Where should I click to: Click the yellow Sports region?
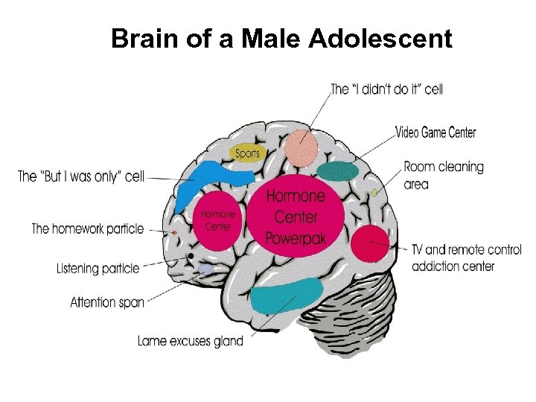click(x=248, y=153)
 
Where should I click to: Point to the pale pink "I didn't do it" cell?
click(x=303, y=147)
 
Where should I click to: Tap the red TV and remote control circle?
click(x=369, y=244)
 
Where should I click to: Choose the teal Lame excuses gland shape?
click(x=286, y=296)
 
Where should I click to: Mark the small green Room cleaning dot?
click(x=375, y=193)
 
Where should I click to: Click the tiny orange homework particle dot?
click(x=174, y=233)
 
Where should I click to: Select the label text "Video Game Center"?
click(x=435, y=133)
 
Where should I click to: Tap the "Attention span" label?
click(x=107, y=302)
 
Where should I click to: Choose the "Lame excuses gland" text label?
click(x=191, y=341)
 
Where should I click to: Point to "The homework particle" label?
click(x=87, y=229)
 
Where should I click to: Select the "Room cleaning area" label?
click(x=443, y=176)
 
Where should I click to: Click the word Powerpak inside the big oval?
click(x=296, y=239)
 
